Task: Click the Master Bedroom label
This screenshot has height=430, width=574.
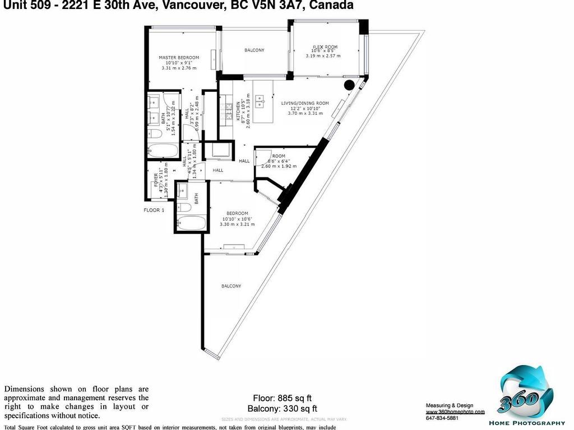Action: [179, 58]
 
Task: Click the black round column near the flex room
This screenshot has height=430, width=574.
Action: [349, 86]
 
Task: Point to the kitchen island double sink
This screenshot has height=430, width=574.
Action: [260, 102]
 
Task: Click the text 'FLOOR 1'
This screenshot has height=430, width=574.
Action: [154, 211]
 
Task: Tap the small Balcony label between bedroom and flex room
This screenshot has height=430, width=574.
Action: [254, 50]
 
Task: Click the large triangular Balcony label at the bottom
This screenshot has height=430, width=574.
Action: [231, 286]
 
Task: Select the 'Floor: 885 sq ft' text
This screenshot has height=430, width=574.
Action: [282, 399]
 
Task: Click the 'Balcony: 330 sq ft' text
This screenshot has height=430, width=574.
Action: [282, 408]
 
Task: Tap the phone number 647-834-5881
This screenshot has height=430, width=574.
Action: [442, 418]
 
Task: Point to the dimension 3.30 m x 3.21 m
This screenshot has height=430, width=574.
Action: [237, 224]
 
